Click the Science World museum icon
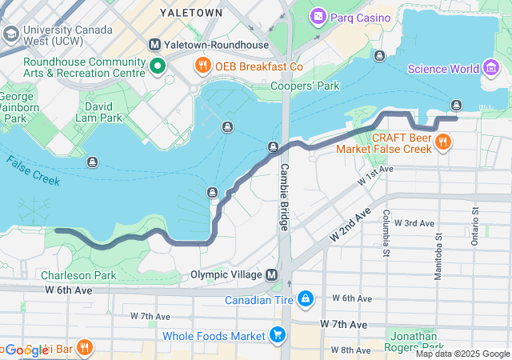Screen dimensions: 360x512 click(489, 69)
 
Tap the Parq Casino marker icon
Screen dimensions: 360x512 click(318, 17)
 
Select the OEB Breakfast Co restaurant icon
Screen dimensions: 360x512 click(202, 66)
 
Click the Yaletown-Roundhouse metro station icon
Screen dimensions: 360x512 click(155, 44)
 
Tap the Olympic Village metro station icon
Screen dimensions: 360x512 click(272, 274)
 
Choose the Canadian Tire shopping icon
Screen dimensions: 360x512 click(305, 300)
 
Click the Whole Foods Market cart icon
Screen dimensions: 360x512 click(278, 335)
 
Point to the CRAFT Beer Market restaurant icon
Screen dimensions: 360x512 click(443, 142)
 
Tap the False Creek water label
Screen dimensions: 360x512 click(34, 170)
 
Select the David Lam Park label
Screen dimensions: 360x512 click(104, 111)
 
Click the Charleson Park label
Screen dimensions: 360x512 click(78, 275)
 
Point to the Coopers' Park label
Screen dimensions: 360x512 click(301, 86)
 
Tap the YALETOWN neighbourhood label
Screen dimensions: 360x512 click(191, 13)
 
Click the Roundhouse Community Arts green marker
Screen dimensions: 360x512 click(158, 66)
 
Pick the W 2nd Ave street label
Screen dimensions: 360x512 click(351, 224)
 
